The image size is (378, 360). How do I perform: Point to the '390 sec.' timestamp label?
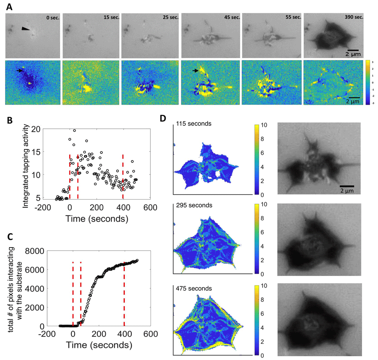coord(352,18)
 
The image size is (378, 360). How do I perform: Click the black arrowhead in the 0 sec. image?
coord(25,29)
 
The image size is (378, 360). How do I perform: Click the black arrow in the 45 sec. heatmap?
coord(195,71)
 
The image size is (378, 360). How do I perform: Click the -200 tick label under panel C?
coord(46,334)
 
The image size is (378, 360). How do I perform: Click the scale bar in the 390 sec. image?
coord(352,49)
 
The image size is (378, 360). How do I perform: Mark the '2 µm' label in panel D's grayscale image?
coord(346,192)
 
